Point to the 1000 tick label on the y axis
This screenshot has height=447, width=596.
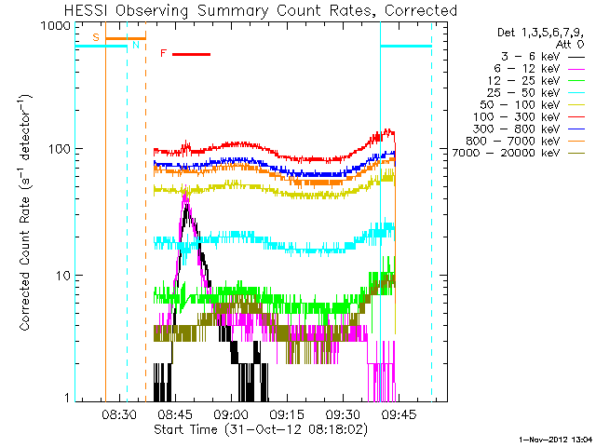click(58, 26)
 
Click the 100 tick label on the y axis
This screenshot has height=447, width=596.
click(61, 149)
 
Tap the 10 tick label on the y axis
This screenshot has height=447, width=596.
click(65, 276)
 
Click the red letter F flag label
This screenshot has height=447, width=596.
click(163, 54)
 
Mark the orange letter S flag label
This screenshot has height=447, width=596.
click(97, 37)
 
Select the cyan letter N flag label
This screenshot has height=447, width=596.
click(136, 45)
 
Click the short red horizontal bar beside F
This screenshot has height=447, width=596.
click(191, 54)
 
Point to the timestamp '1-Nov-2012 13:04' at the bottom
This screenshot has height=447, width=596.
click(553, 438)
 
